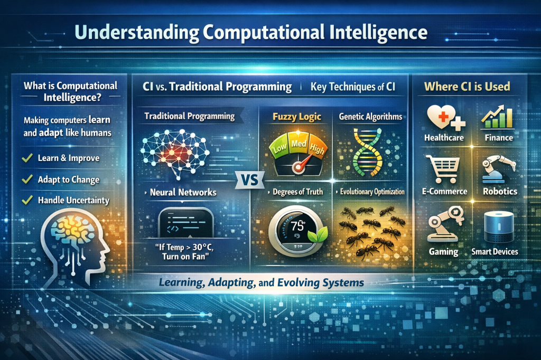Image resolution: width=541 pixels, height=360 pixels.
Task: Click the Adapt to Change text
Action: [x=69, y=179]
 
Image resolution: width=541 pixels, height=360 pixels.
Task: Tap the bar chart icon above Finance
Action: [x=497, y=116]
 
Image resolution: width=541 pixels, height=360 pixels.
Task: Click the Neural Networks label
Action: [x=183, y=192]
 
